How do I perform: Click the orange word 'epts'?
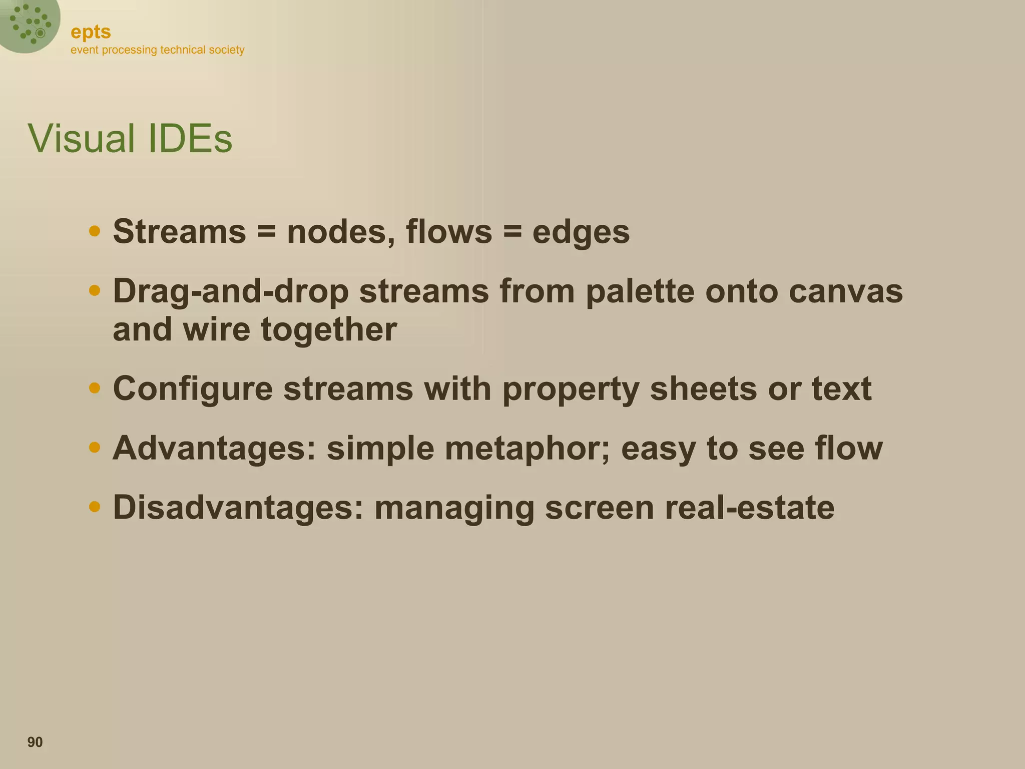pyautogui.click(x=91, y=32)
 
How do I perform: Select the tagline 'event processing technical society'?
pyautogui.click(x=157, y=50)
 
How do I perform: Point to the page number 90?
pyautogui.click(x=35, y=742)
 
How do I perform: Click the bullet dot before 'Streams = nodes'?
pyautogui.click(x=94, y=231)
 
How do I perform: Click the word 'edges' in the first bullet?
pyautogui.click(x=581, y=233)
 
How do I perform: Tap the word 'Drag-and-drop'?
pyautogui.click(x=230, y=291)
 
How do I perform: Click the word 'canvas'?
pyautogui.click(x=846, y=291)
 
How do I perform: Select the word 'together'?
pyautogui.click(x=329, y=330)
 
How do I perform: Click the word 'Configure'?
pyautogui.click(x=193, y=389)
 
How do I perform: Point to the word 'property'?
pyautogui.click(x=571, y=389)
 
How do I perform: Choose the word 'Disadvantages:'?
pyautogui.click(x=238, y=507)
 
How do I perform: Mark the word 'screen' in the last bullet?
pyautogui.click(x=599, y=508)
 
